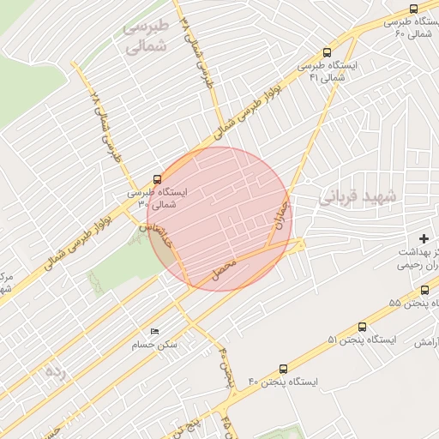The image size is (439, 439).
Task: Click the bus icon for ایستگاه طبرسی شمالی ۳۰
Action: (156, 180)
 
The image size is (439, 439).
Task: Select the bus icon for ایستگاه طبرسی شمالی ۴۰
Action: (414, 9)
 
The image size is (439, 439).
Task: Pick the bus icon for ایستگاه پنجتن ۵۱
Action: (362, 327)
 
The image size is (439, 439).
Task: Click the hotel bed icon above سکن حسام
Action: (154, 331)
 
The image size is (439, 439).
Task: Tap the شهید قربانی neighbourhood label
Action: (359, 196)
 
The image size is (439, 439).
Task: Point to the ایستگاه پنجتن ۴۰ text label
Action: (284, 380)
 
